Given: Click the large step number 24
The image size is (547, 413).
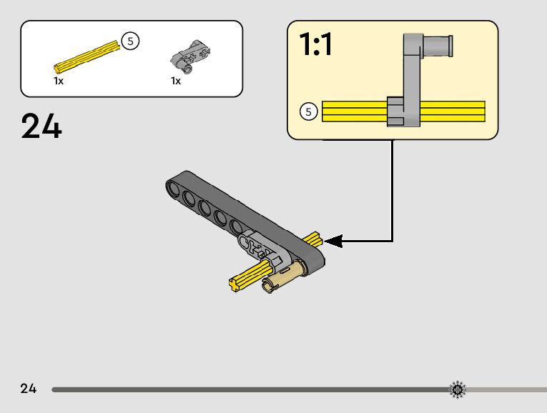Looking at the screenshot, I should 41,126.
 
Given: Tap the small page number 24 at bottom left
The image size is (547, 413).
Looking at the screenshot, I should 28,389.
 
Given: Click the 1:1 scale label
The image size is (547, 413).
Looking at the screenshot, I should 315,45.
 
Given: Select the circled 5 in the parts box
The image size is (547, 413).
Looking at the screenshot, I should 129,41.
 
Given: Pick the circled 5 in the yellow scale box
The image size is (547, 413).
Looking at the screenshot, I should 308,111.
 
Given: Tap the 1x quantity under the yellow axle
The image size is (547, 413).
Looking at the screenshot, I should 59,81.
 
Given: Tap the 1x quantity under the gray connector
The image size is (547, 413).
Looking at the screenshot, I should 176,81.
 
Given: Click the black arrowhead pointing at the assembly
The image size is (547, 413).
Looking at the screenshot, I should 333,242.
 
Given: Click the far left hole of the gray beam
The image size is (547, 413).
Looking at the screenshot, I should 174,187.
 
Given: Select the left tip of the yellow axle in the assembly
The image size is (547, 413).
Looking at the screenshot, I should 234,284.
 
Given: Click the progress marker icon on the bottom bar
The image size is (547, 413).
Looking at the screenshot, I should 457,389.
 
